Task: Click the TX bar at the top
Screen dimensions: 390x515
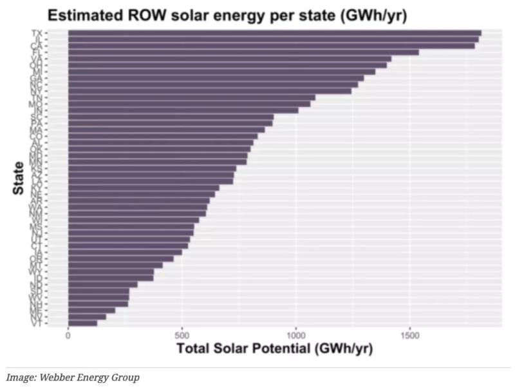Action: pyautogui.click(x=274, y=33)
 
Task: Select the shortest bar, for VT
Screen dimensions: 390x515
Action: pyautogui.click(x=82, y=324)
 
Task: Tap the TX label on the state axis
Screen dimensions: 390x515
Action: pyautogui.click(x=36, y=33)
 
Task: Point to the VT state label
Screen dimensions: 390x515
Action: pyautogui.click(x=36, y=324)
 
